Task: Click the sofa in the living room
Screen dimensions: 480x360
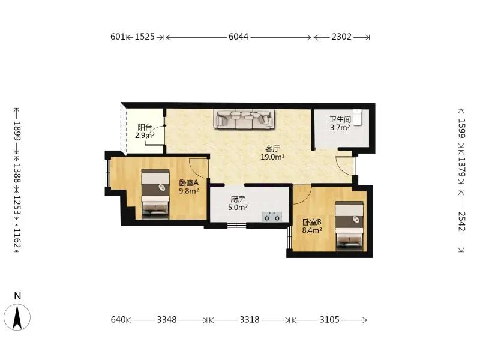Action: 244,119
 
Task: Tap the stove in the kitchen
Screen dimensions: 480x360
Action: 272,217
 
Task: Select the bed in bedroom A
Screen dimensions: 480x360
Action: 155,194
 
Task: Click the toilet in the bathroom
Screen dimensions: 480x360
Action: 357,117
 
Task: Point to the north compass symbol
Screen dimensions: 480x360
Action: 17,313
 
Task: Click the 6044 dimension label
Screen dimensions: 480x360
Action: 238,37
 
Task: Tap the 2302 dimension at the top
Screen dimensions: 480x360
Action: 341,37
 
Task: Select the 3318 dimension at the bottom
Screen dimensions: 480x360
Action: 250,320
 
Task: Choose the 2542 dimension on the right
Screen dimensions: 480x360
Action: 461,221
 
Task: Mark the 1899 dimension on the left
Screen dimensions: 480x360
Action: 17,131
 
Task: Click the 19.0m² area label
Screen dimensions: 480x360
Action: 272,157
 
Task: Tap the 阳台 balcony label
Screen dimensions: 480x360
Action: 145,127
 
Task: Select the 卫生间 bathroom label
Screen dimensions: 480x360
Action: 340,119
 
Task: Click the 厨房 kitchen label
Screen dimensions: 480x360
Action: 238,199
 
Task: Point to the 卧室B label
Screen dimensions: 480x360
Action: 312,222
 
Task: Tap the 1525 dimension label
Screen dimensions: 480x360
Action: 145,37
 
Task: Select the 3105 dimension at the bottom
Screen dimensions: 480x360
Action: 329,320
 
